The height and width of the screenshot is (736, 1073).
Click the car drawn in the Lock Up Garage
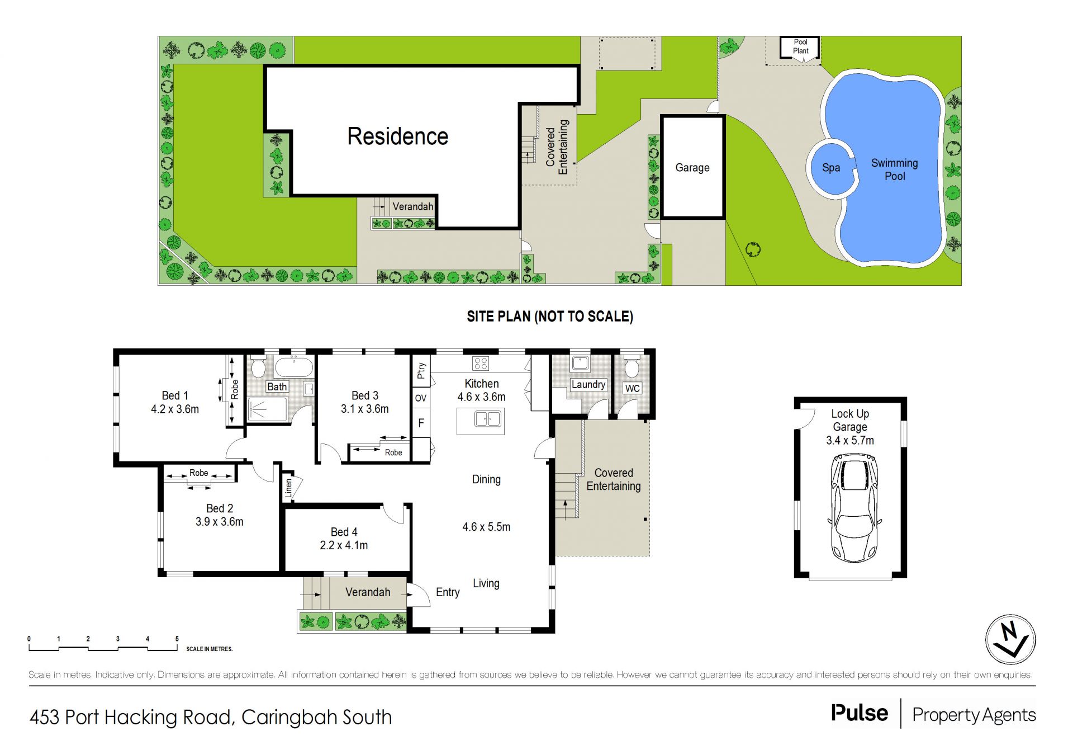[x=854, y=508]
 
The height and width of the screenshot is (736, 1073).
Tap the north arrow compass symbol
[x=1010, y=639]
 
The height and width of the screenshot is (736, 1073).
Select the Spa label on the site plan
[x=831, y=168]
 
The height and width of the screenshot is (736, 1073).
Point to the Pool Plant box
[x=800, y=47]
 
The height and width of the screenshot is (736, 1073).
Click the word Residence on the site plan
[x=398, y=136]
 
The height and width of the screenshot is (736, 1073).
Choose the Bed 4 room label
[x=344, y=532]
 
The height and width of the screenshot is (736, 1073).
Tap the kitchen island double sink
[x=487, y=418]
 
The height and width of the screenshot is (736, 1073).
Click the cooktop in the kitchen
[x=481, y=364]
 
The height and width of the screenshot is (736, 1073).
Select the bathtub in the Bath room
[x=294, y=366]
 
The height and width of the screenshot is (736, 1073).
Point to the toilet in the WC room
[x=632, y=367]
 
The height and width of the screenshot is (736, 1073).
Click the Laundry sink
[x=580, y=363]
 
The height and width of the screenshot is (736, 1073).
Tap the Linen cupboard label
[x=288, y=488]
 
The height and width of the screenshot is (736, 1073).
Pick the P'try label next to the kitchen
[x=421, y=371]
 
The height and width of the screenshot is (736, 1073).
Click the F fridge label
[x=421, y=423]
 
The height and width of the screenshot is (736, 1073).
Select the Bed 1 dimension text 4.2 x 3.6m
[x=175, y=409]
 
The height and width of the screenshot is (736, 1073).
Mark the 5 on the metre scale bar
[x=177, y=639]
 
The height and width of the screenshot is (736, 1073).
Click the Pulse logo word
[x=860, y=713]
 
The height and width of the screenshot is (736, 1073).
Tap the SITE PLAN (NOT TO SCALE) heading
[x=550, y=317]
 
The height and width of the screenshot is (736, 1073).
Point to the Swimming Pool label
[x=895, y=169]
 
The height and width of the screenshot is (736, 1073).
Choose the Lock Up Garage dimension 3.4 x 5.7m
[x=850, y=441]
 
